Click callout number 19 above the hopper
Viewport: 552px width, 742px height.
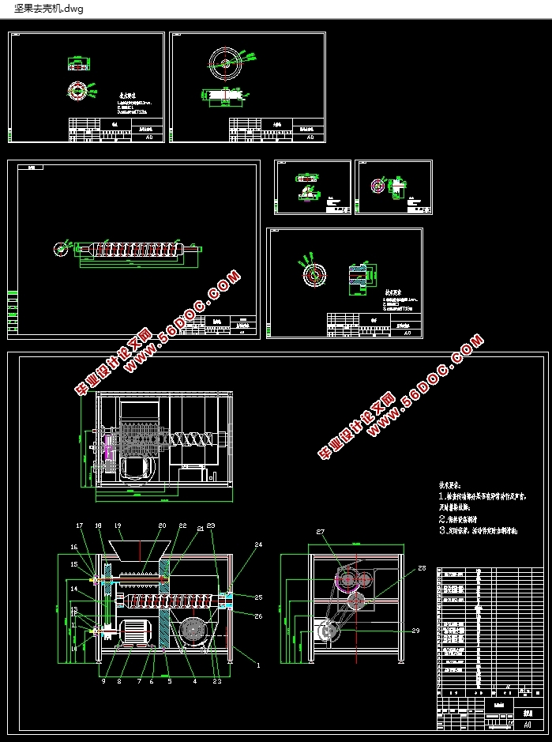click(x=117, y=525)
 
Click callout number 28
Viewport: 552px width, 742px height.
click(x=422, y=568)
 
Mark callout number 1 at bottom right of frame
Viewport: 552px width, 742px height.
click(x=256, y=666)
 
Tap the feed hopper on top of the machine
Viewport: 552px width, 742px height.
click(x=140, y=550)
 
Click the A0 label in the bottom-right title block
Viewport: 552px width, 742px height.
click(x=527, y=724)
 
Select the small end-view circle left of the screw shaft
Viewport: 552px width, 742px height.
click(x=60, y=248)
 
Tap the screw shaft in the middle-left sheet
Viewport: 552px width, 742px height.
click(x=134, y=249)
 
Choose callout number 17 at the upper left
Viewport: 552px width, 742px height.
click(x=79, y=525)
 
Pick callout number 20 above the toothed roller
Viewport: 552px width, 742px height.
click(x=162, y=525)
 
